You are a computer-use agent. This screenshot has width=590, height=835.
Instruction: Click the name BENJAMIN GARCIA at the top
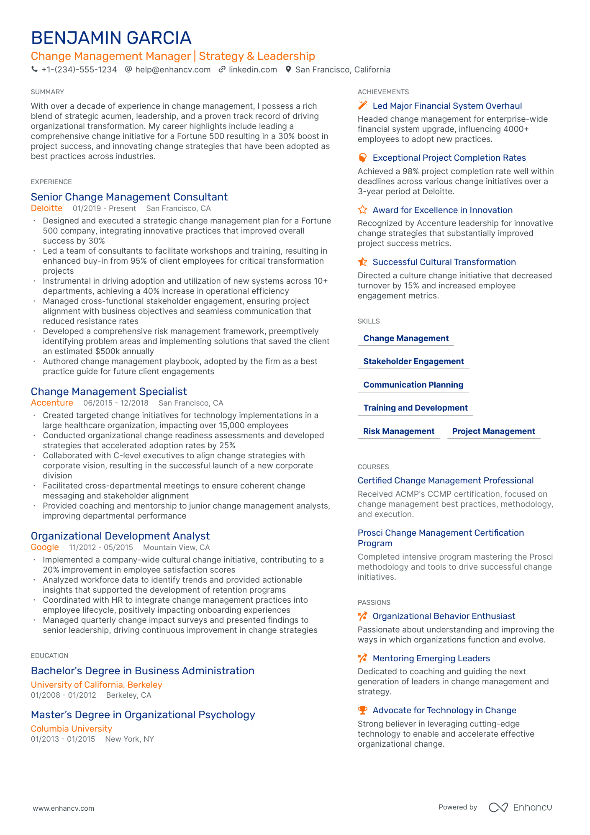pyautogui.click(x=111, y=38)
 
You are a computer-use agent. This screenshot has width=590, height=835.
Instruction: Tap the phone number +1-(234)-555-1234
pyautogui.click(x=79, y=70)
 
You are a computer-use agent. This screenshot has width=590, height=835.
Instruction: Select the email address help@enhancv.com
pyautogui.click(x=172, y=70)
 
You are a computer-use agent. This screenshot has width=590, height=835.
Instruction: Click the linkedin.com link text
pyautogui.click(x=253, y=70)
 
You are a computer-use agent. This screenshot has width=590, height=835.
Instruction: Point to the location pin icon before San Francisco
pyautogui.click(x=288, y=69)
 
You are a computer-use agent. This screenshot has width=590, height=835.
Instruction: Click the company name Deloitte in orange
pyautogui.click(x=46, y=208)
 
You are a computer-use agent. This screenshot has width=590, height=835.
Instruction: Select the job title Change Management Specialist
pyautogui.click(x=109, y=392)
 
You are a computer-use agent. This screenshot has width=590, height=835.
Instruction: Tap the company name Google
pyautogui.click(x=45, y=547)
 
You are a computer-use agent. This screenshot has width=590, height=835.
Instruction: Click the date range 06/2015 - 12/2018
pyautogui.click(x=115, y=403)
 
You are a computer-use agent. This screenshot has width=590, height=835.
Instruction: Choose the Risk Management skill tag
pyautogui.click(x=398, y=432)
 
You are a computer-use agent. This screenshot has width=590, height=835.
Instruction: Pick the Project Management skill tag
pyautogui.click(x=493, y=432)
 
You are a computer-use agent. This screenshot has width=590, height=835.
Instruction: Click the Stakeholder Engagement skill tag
pyautogui.click(x=413, y=362)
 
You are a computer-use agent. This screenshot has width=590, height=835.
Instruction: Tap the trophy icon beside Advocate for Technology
pyautogui.click(x=362, y=710)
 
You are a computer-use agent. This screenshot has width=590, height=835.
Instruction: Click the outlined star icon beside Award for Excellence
pyautogui.click(x=362, y=210)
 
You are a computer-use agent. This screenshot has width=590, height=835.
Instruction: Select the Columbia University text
pyautogui.click(x=72, y=729)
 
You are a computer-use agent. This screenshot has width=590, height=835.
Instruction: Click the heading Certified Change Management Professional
pyautogui.click(x=445, y=481)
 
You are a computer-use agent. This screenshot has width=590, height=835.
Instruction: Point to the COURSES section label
pyautogui.click(x=373, y=467)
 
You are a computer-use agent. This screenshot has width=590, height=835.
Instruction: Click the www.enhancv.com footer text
pyautogui.click(x=64, y=809)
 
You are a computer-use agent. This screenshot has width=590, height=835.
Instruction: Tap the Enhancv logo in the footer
pyautogui.click(x=520, y=807)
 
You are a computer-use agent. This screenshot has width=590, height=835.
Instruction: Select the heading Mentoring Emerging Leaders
pyautogui.click(x=431, y=659)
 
